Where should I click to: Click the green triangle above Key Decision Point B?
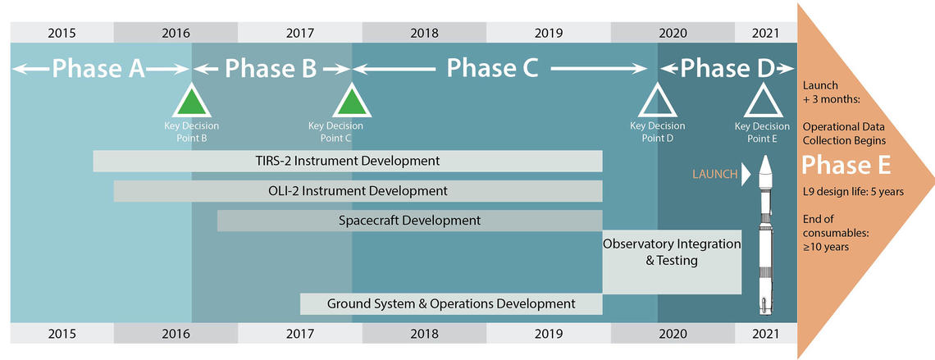coord(191,103)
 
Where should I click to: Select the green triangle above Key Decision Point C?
coord(352,103)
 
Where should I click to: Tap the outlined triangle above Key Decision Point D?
coord(657,103)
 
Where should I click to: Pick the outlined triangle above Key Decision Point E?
coord(761,103)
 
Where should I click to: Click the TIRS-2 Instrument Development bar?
coord(348,161)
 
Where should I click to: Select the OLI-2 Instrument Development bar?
coord(358,191)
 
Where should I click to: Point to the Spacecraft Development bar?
coord(410,221)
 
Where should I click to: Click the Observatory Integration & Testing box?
coord(672,261)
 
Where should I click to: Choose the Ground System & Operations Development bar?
coord(451,303)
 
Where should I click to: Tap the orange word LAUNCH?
coord(714,173)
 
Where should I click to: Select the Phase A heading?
coord(99,69)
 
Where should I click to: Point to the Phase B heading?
coord(271,69)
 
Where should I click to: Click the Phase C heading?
coord(492,69)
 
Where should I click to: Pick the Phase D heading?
coord(727,69)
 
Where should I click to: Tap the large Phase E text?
coord(846,165)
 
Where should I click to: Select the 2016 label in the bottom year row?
coord(176,334)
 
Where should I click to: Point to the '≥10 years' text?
coord(826,246)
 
